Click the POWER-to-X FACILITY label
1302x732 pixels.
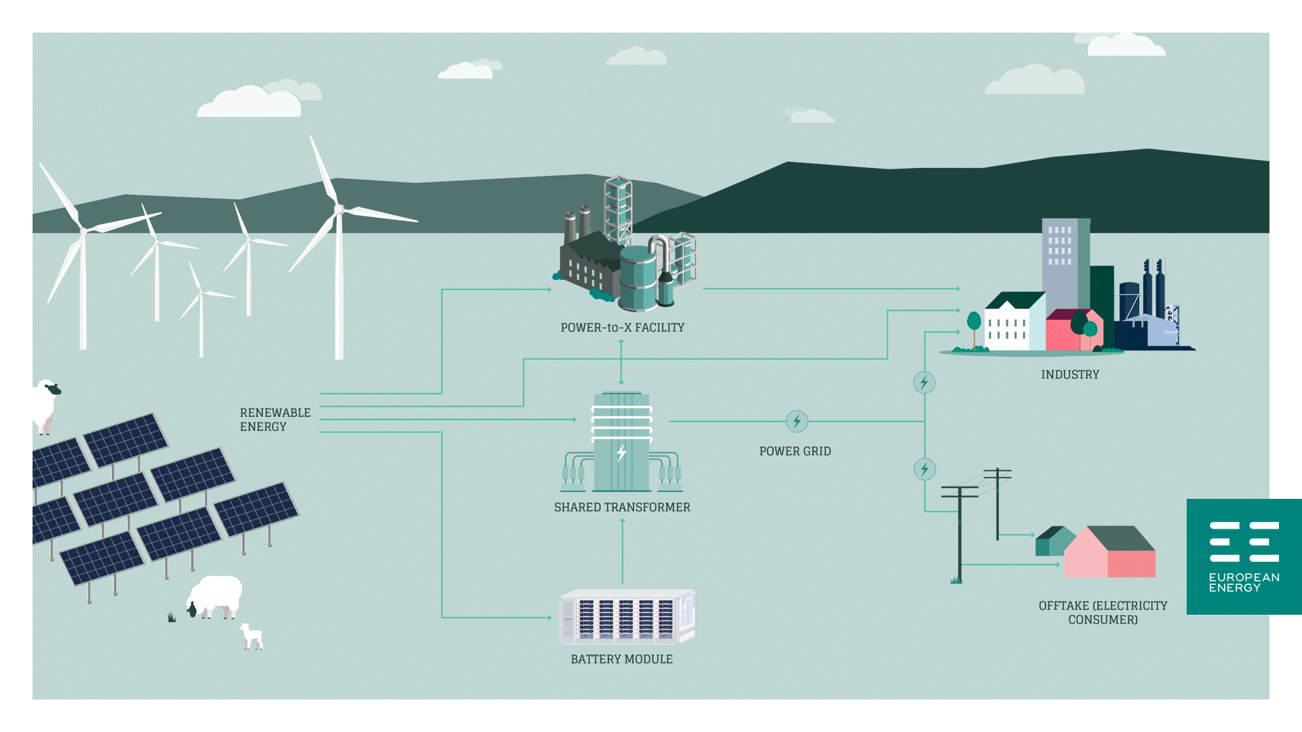(622, 327)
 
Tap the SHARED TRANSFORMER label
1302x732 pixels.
(622, 507)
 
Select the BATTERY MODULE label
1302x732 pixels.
(621, 659)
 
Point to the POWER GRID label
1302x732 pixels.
(795, 451)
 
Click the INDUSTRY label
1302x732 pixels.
(1070, 374)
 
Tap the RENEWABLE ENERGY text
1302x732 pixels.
(275, 420)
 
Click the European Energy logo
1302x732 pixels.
(1244, 556)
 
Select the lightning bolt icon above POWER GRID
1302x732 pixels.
(797, 421)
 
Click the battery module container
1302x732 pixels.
(627, 617)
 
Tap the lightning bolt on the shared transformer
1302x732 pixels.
(621, 453)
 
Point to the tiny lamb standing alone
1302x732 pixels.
(252, 636)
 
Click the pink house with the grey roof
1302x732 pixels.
(1109, 552)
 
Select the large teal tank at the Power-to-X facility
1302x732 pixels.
(637, 278)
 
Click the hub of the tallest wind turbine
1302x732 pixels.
(338, 209)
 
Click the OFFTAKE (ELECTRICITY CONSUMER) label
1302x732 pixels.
(1103, 612)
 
